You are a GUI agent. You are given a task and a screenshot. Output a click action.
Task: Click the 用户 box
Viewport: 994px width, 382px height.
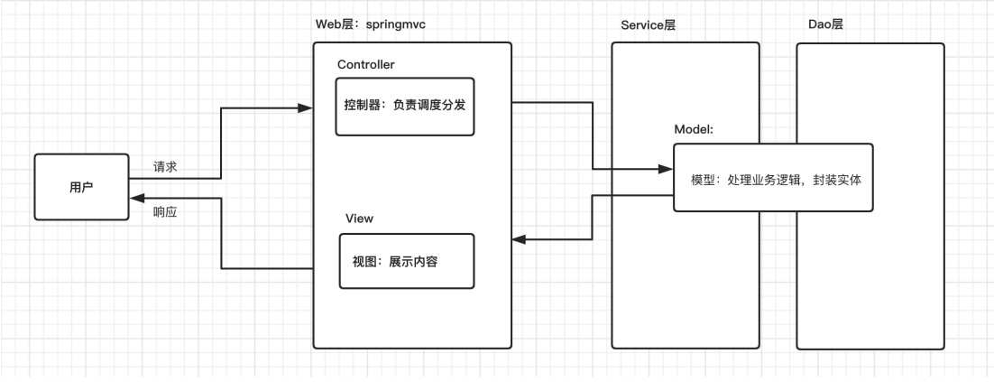click(81, 187)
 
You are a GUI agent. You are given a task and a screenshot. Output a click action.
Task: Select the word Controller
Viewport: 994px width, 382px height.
click(365, 64)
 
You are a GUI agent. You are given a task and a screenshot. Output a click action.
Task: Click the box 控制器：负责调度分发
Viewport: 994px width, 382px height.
click(405, 106)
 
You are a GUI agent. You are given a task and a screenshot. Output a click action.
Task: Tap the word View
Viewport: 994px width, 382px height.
click(359, 219)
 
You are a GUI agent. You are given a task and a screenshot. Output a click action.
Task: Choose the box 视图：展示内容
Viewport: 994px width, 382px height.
click(406, 261)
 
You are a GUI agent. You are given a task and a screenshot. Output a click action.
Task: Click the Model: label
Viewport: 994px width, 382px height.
click(694, 129)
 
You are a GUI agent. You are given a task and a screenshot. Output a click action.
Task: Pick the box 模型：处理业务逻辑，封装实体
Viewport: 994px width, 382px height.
click(773, 178)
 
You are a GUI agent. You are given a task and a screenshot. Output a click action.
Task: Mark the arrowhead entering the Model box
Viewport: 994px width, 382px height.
click(667, 169)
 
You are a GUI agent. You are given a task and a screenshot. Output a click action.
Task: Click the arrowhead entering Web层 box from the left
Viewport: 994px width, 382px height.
click(306, 107)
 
